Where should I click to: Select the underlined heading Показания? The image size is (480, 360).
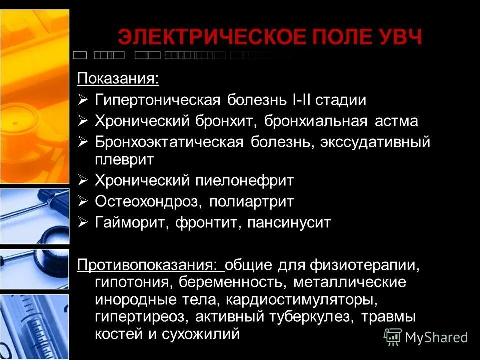click(118, 79)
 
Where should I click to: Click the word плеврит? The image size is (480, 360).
click(125, 159)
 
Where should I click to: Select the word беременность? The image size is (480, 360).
click(233, 283)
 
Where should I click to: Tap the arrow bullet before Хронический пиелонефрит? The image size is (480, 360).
click(83, 180)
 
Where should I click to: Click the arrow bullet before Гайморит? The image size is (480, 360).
click(83, 222)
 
